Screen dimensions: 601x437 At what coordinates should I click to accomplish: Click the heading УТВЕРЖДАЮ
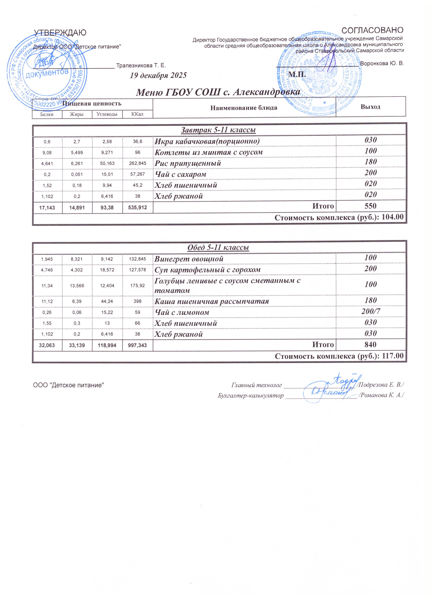[x=60, y=33]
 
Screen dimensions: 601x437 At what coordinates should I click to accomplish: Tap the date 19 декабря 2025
[x=158, y=76]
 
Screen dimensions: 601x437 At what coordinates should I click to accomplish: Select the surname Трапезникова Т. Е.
[x=141, y=65]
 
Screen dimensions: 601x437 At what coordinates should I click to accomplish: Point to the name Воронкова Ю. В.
[x=382, y=64]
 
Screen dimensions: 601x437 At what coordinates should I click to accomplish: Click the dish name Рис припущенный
[x=188, y=163]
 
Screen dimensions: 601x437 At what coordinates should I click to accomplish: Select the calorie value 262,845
[x=138, y=163]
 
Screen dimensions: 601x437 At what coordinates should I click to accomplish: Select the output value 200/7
[x=371, y=312]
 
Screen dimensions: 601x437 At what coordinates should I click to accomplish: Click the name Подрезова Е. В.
[x=381, y=385]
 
